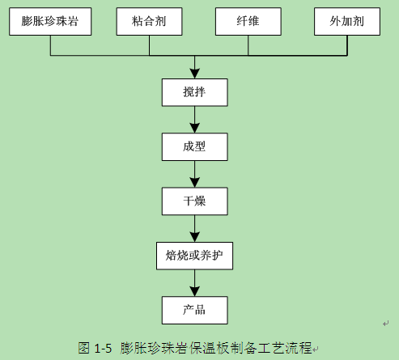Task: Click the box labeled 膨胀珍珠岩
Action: tap(50, 21)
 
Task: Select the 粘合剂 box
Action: tap(149, 21)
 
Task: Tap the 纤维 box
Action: tap(248, 21)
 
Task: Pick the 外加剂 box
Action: tap(347, 21)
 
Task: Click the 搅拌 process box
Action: tap(194, 92)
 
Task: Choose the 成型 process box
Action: tap(194, 146)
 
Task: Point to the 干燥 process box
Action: tap(194, 201)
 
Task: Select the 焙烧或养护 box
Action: tap(194, 256)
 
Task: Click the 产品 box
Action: tap(194, 310)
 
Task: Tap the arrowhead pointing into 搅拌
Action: tap(194, 74)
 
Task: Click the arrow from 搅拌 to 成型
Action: tap(194, 120)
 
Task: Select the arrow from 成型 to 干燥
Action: tap(194, 174)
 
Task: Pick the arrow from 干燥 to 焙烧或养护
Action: tap(194, 228)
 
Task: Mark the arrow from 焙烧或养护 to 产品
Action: tap(194, 283)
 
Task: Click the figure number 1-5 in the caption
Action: tap(103, 348)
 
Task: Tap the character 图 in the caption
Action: tap(84, 348)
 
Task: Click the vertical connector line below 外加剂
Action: tap(347, 45)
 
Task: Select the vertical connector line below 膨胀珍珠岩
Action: tap(50, 45)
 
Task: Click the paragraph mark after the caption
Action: tap(316, 349)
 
